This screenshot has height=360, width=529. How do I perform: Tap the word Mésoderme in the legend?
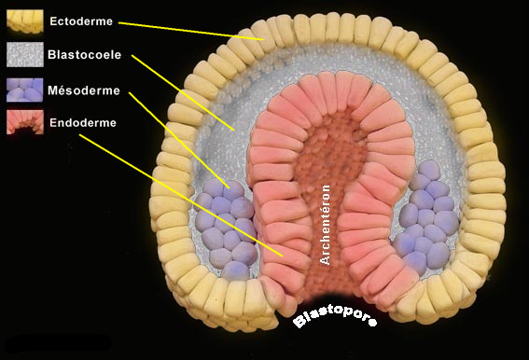[x=79, y=89]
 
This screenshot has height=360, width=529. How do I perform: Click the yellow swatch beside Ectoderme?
[x=23, y=20]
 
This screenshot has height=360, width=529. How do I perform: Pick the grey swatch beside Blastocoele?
[x=23, y=54]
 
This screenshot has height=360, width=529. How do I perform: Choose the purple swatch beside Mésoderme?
[x=23, y=89]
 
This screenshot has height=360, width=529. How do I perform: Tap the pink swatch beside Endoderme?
[x=23, y=122]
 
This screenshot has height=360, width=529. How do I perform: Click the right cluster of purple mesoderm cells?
[x=427, y=216]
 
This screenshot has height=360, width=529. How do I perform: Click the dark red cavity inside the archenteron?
[x=325, y=159]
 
